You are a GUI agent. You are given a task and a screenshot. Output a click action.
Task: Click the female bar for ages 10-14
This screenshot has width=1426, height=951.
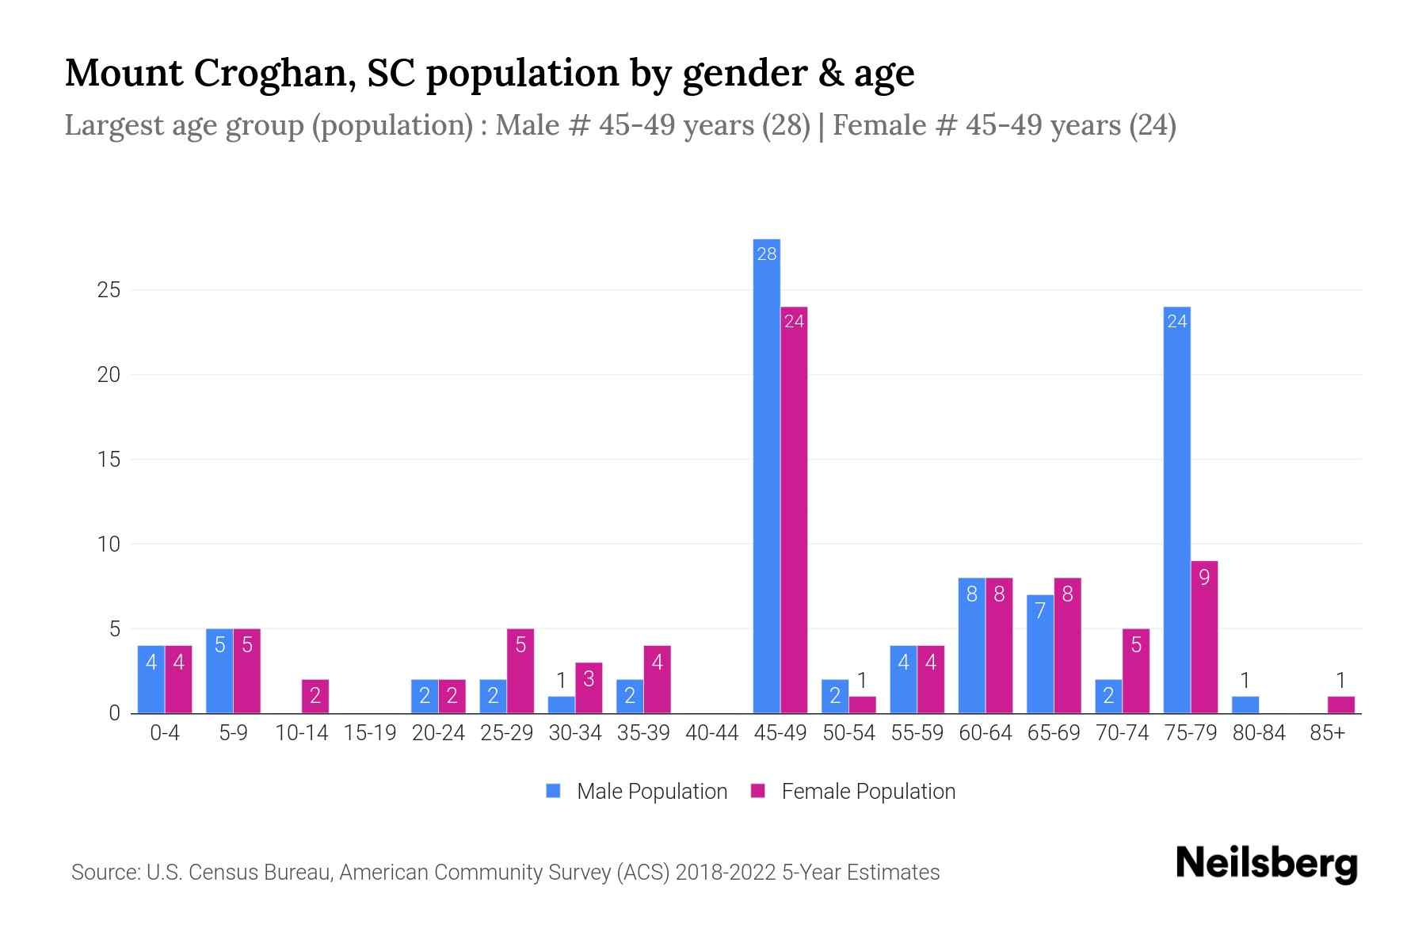(315, 697)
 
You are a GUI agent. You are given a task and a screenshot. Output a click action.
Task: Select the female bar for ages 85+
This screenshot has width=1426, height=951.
(1340, 705)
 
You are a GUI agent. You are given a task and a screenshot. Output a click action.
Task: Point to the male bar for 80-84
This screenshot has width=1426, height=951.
(1245, 705)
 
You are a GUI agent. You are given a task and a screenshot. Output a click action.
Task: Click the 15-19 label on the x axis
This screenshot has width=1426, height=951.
(370, 733)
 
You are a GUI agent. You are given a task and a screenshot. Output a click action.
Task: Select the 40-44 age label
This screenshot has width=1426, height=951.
(711, 733)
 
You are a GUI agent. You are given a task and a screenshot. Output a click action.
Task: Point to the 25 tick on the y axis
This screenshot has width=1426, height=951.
(109, 290)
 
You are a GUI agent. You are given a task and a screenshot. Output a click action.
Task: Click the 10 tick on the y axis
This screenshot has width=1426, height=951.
(109, 544)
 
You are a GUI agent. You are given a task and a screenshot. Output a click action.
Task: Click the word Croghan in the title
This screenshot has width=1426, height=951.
(269, 73)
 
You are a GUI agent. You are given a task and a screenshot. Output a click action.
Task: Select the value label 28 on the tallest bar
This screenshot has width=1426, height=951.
(766, 254)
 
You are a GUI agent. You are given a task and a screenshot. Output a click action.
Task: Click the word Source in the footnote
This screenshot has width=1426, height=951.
(105, 873)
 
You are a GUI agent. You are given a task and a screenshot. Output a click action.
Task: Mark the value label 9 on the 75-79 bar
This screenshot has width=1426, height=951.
(1204, 578)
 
